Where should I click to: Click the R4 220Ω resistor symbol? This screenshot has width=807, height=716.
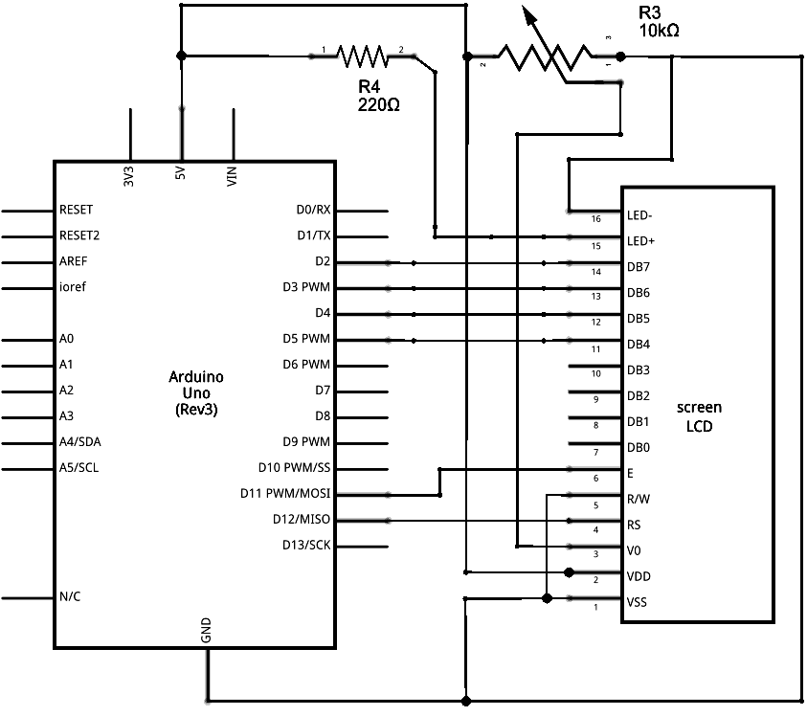pos(362,56)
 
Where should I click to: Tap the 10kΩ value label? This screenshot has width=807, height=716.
pos(659,31)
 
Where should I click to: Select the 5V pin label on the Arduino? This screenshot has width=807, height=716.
pos(181,175)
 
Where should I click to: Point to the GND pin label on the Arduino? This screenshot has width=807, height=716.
pos(206,629)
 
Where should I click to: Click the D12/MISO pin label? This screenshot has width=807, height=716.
pos(302,520)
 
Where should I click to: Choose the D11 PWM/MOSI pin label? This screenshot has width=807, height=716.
pos(285,494)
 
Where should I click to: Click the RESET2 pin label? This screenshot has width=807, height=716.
pos(79,235)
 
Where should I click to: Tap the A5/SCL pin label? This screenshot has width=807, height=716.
pos(78,468)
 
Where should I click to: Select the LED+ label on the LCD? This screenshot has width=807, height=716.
pos(640,241)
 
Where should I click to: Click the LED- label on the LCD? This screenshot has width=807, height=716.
pos(639,215)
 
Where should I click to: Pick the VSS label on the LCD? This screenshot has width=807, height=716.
pos(638,603)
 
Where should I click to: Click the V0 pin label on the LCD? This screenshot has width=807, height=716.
pos(634,551)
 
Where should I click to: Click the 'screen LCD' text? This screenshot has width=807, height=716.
pos(699,416)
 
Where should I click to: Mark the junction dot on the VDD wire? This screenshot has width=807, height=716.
pos(569,572)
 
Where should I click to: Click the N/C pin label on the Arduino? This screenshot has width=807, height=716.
pos(70,597)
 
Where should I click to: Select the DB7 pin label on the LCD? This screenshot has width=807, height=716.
pos(639,267)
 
